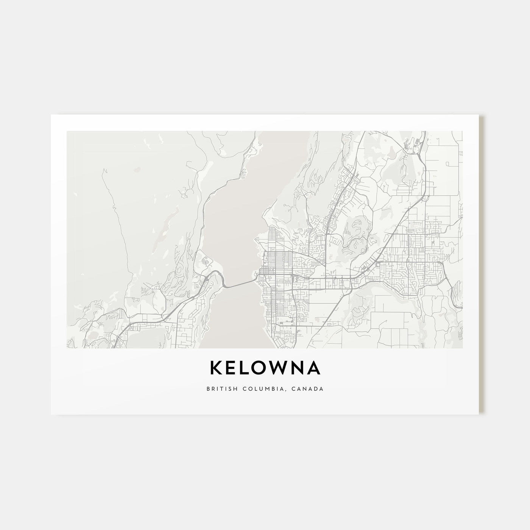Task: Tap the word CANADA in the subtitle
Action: [x=309, y=388]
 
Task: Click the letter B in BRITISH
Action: [x=209, y=388]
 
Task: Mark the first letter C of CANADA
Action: [x=296, y=388]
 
